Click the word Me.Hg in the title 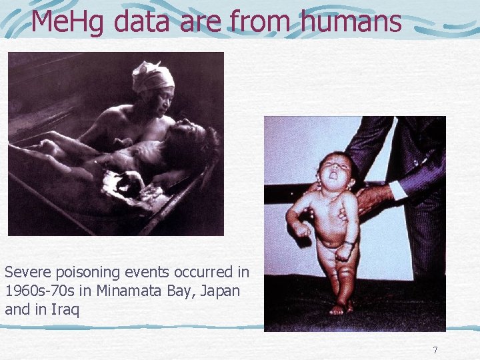69,21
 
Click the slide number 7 435,350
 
